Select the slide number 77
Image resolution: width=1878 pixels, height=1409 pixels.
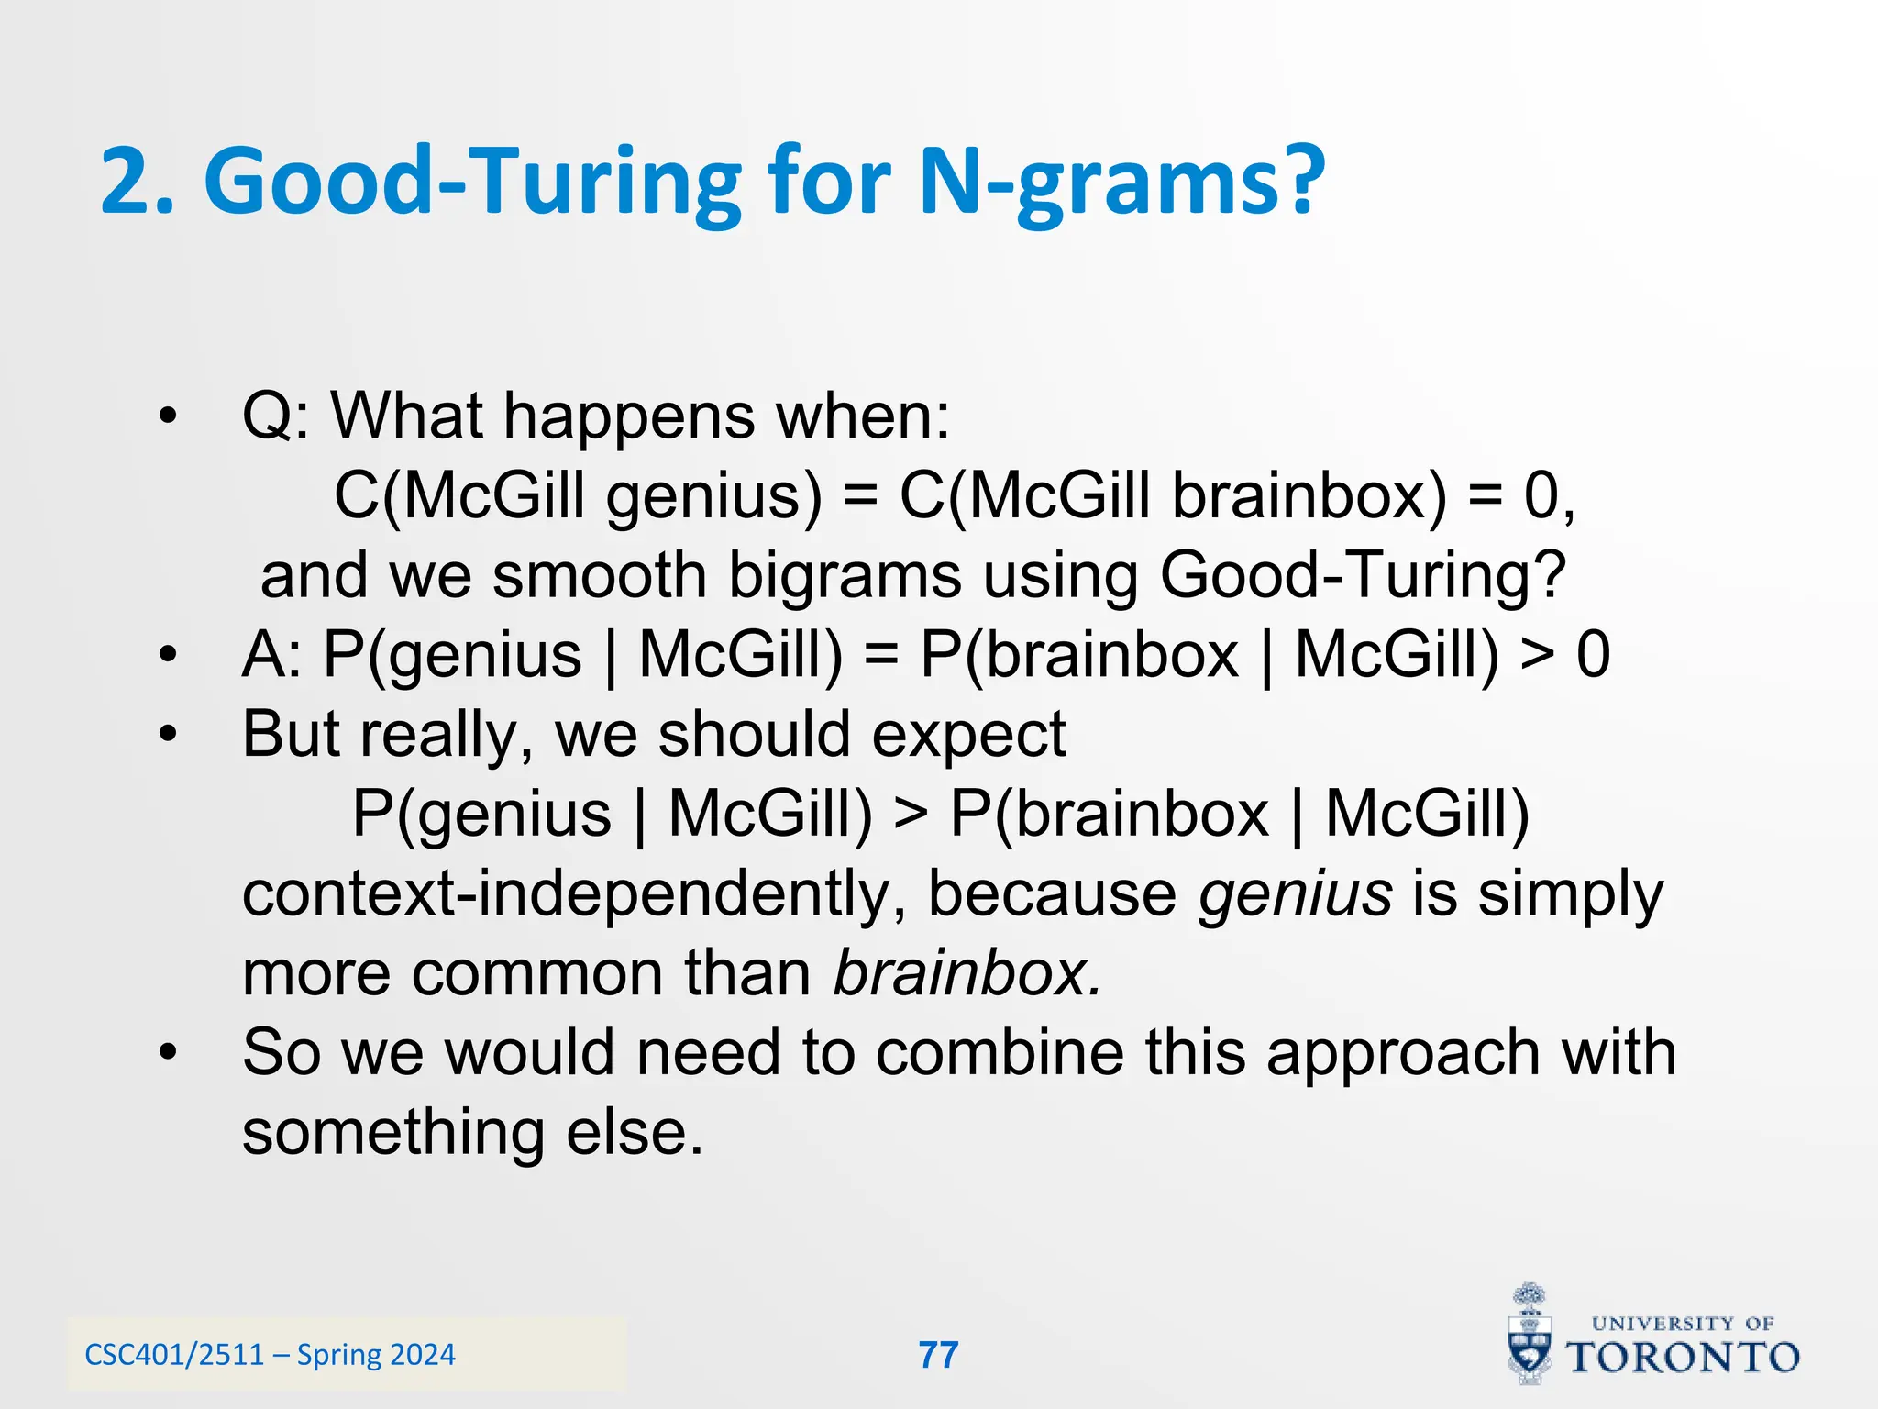tap(938, 1355)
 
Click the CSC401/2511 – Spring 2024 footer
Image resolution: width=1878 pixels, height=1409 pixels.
tap(270, 1355)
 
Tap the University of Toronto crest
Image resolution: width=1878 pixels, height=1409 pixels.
tap(1530, 1335)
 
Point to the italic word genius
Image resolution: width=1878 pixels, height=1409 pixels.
tap(1295, 893)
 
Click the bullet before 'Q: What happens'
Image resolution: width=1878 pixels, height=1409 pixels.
tap(166, 417)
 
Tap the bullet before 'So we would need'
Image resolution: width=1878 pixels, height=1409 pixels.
tap(166, 1053)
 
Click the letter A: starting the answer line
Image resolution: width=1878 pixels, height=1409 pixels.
tap(272, 655)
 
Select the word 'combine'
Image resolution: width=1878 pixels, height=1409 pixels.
tap(999, 1052)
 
